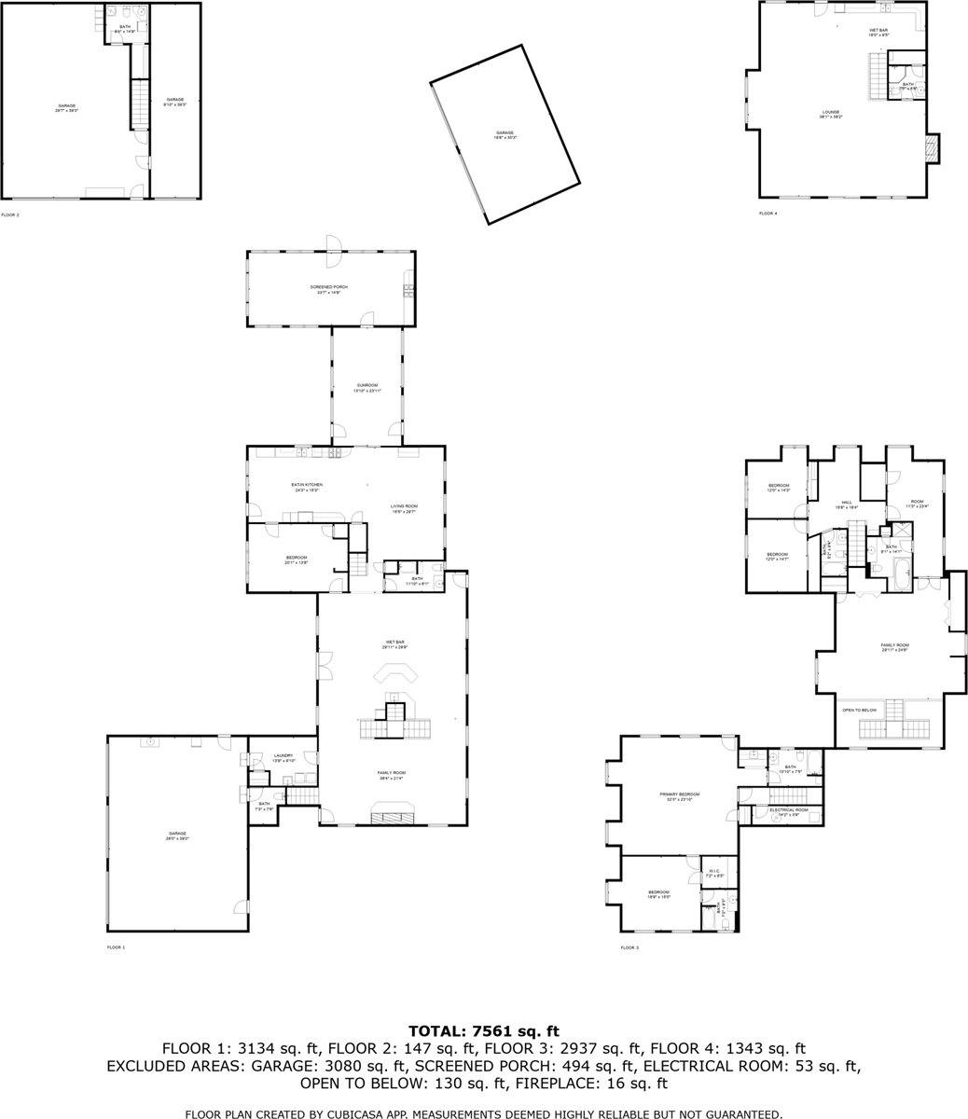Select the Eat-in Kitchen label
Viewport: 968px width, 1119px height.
click(x=306, y=486)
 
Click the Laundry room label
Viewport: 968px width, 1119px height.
click(x=283, y=757)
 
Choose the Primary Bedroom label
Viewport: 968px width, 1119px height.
click(x=679, y=795)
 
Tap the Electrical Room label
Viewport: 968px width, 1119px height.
click(x=789, y=810)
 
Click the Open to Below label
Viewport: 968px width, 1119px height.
click(x=859, y=711)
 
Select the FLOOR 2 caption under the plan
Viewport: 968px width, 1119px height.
click(x=10, y=214)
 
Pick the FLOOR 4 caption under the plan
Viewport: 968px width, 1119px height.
click(x=767, y=214)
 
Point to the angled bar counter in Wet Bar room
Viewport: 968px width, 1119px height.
click(x=394, y=673)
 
